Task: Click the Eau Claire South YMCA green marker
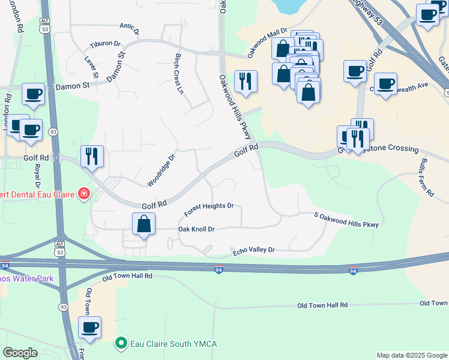(x=121, y=344)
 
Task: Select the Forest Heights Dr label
(x=209, y=209)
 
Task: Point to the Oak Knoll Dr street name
(x=196, y=229)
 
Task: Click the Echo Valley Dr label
(x=253, y=250)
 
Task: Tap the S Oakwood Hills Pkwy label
(x=346, y=220)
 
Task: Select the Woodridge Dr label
(x=161, y=171)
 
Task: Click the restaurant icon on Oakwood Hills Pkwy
(x=245, y=81)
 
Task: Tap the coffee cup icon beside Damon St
(x=34, y=94)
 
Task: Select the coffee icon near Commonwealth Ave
(x=385, y=83)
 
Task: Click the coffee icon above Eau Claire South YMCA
(x=90, y=327)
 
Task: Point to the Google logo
(x=20, y=353)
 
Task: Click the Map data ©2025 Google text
(x=411, y=355)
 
